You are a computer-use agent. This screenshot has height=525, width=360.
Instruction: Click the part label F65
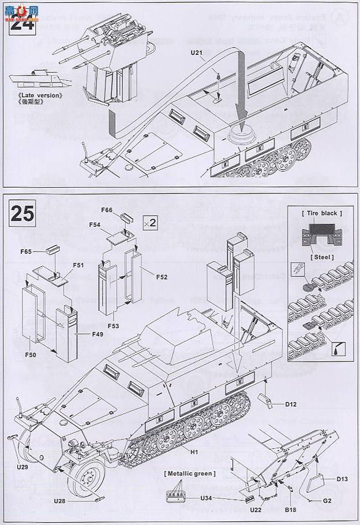click(x=25, y=252)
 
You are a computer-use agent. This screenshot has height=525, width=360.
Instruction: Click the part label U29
click(x=22, y=466)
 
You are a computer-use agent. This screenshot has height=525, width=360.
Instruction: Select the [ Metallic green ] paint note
click(x=190, y=474)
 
